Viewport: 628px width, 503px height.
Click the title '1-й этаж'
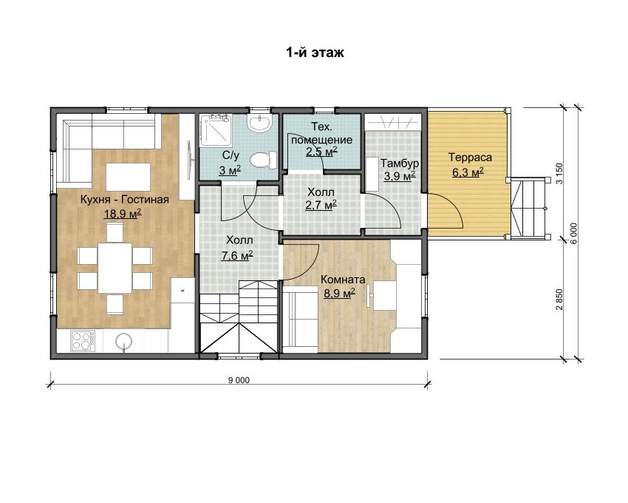pyautogui.click(x=315, y=53)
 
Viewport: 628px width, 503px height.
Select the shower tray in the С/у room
pyautogui.click(x=215, y=130)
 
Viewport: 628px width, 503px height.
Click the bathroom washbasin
pyautogui.click(x=260, y=122)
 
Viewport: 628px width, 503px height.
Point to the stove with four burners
pyautogui.click(x=83, y=340)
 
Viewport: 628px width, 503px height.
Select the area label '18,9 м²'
pyautogui.click(x=123, y=214)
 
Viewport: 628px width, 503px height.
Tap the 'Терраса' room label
pyautogui.click(x=470, y=158)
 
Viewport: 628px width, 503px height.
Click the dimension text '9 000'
pyautogui.click(x=239, y=380)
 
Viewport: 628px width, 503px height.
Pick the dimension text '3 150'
pyautogui.click(x=559, y=173)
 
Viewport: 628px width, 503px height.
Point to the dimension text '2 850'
pyautogui.click(x=559, y=300)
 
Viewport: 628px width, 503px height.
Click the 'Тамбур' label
pyautogui.click(x=400, y=163)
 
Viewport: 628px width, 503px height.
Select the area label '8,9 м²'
pyautogui.click(x=339, y=293)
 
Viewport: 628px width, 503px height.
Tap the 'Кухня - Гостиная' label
pyautogui.click(x=125, y=200)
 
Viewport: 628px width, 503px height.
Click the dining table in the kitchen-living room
pyautogui.click(x=115, y=268)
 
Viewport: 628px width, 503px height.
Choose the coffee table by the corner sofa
pyautogui.click(x=128, y=177)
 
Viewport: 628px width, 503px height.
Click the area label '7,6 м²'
pyautogui.click(x=236, y=255)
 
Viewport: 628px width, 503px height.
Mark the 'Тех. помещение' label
pyautogui.click(x=321, y=133)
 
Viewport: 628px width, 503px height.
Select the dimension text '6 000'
pyautogui.click(x=573, y=234)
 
